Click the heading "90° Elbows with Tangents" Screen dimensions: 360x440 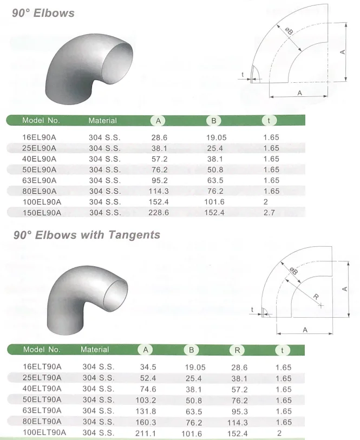[x=87, y=235]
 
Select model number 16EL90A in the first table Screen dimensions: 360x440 [x=39, y=137]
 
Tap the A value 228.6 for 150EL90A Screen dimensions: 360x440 [x=159, y=213]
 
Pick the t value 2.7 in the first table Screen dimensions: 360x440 [x=269, y=213]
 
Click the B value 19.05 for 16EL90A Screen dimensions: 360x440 [x=217, y=137]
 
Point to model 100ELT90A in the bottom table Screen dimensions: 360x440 [x=44, y=432]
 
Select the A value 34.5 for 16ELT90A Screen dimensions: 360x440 [x=148, y=367]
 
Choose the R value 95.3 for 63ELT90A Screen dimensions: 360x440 [x=239, y=411]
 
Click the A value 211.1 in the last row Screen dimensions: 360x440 [x=145, y=433]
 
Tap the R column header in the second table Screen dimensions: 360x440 [x=237, y=350]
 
